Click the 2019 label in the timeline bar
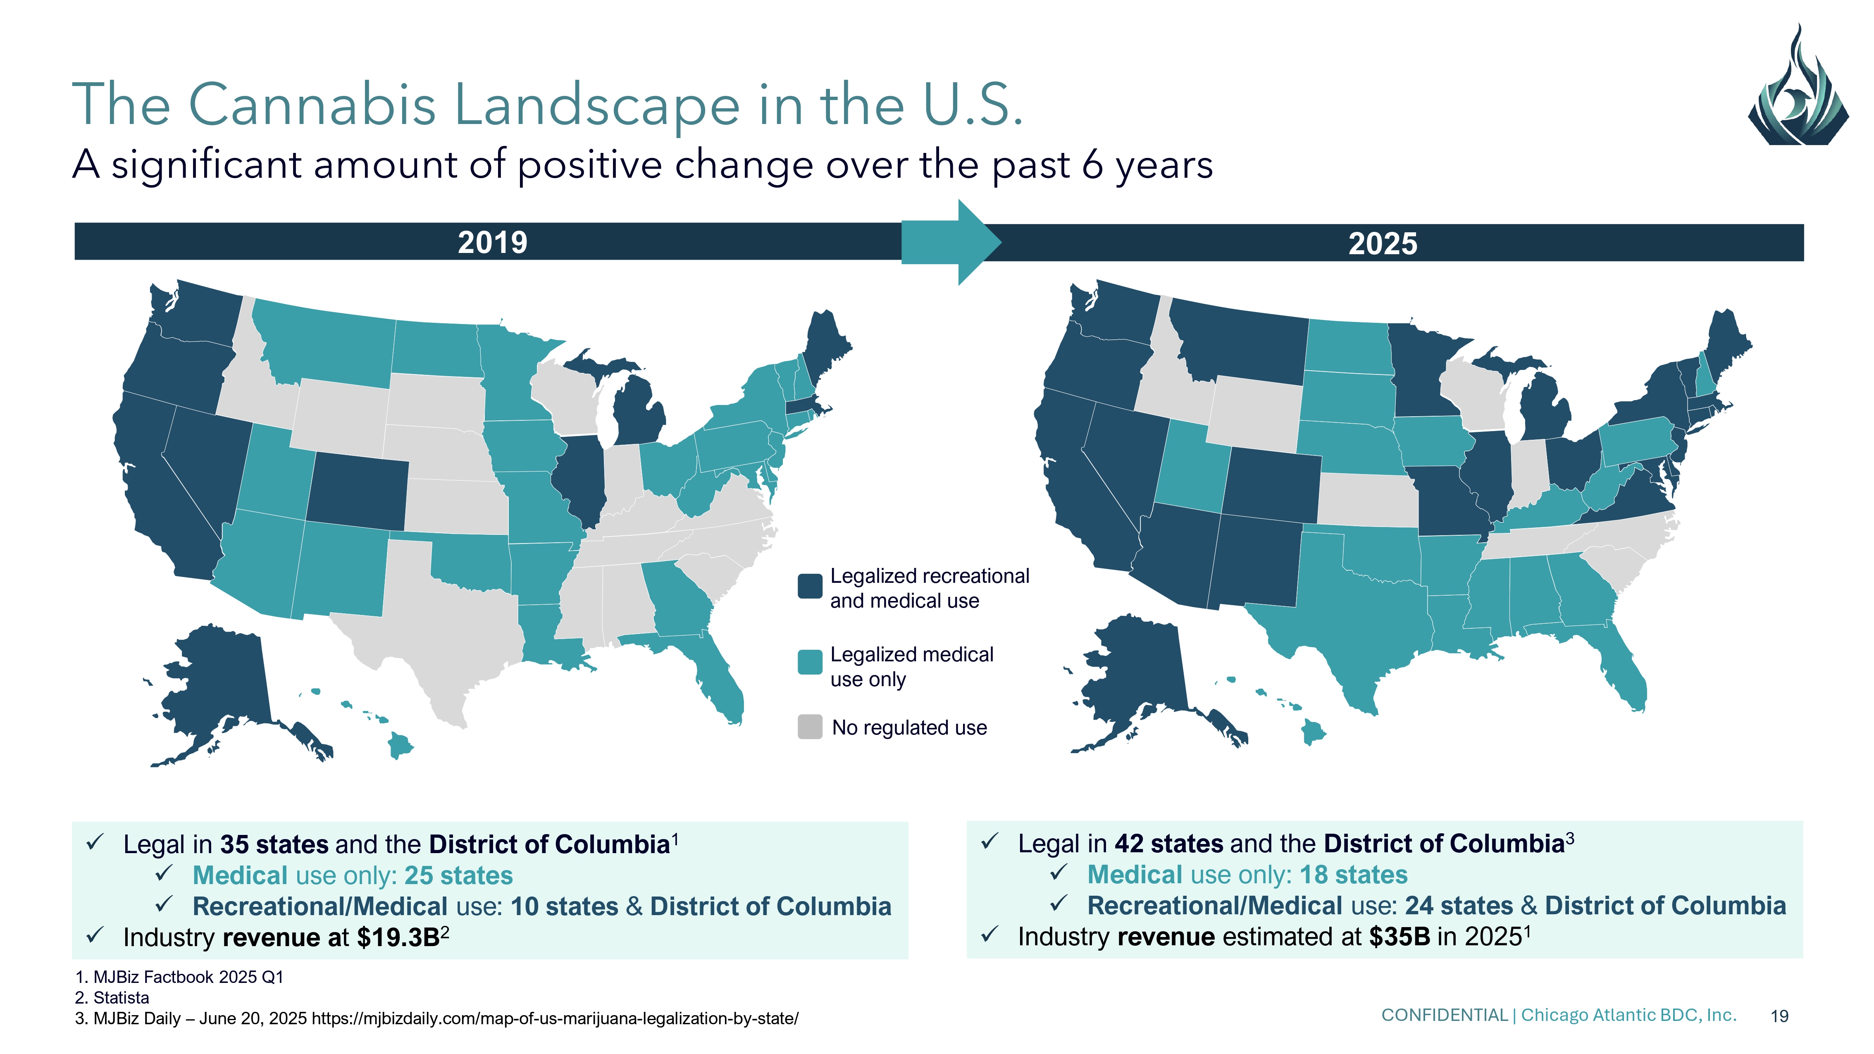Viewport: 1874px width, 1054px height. pyautogui.click(x=493, y=242)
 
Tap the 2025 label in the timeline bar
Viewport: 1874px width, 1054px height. pyautogui.click(x=1382, y=244)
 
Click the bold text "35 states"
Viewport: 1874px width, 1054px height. pyautogui.click(x=274, y=844)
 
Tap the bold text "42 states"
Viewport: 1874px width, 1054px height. pyautogui.click(x=1168, y=844)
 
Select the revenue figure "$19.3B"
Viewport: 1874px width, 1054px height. pyautogui.click(x=398, y=937)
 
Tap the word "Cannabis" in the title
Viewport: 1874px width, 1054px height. pyautogui.click(x=313, y=105)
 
